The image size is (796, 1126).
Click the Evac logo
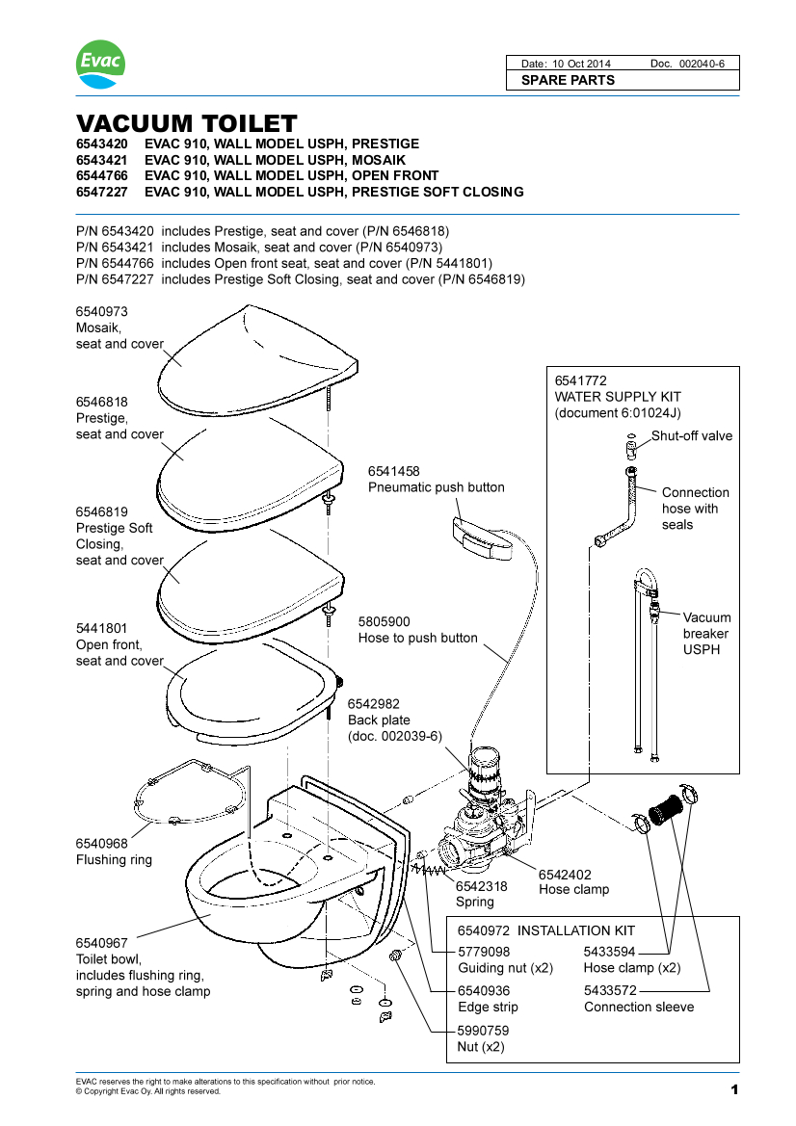100,64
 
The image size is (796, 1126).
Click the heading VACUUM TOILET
186,124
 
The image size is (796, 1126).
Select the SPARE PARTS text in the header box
568,80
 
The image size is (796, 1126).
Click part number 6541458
394,471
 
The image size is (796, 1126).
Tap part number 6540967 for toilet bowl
102,942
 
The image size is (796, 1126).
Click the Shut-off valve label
691,435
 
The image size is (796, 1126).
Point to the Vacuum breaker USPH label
706,634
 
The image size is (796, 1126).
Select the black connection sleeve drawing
663,807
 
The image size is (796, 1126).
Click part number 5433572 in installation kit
610,990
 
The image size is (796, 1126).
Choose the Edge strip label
488,1007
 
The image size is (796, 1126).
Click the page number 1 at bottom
733,1090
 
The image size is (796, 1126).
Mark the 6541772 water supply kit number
581,380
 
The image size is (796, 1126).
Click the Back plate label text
379,720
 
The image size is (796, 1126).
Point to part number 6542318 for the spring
482,886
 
